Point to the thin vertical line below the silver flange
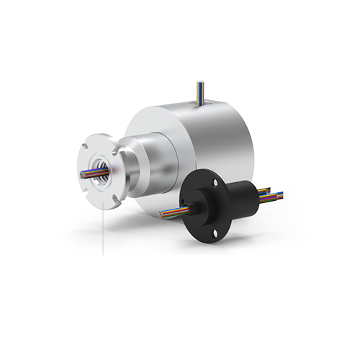[104, 230]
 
